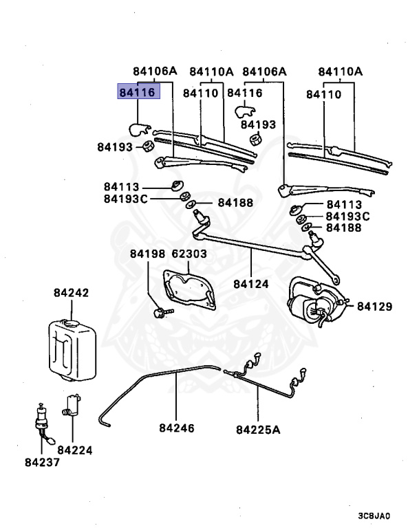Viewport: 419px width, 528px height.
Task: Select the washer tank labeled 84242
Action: (x=71, y=348)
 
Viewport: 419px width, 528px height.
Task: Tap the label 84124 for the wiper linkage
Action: (x=250, y=283)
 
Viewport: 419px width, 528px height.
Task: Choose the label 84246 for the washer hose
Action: (x=177, y=428)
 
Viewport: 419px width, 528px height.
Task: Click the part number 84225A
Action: (x=258, y=430)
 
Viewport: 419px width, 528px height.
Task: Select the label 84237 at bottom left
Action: (x=41, y=462)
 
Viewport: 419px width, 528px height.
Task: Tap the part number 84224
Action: (x=75, y=450)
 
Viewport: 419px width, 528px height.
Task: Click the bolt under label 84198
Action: (x=160, y=312)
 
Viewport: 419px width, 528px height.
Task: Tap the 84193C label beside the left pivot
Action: (x=126, y=199)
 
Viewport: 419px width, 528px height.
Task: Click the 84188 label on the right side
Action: (x=344, y=227)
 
